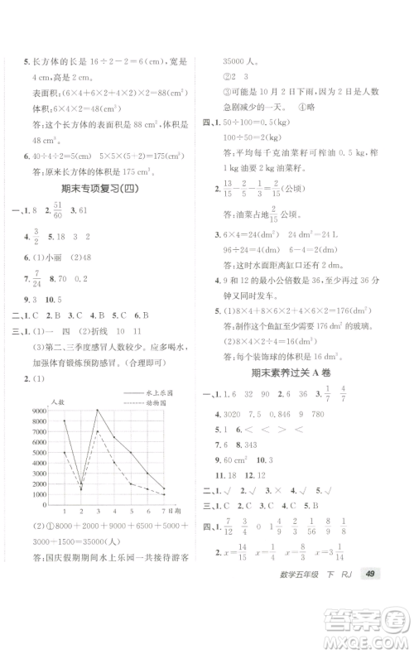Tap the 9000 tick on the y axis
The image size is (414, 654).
point(39,410)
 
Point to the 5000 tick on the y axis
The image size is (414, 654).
point(39,452)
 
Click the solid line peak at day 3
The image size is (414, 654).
point(99,410)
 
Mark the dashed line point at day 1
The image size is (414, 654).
point(65,452)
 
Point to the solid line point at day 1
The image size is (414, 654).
point(65,421)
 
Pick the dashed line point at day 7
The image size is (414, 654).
point(164,494)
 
